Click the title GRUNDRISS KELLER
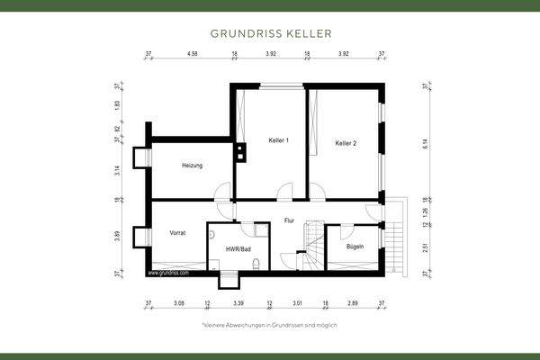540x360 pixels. [270, 34]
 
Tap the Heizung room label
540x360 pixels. [192, 166]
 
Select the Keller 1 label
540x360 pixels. [278, 141]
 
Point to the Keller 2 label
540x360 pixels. [346, 143]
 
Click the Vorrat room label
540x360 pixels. [177, 233]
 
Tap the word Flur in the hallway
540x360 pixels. [289, 220]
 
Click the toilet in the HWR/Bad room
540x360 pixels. [257, 264]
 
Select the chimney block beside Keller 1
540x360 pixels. [240, 151]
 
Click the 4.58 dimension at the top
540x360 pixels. [192, 55]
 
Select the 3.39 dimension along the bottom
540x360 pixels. [238, 305]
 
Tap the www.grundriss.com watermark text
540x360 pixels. [168, 271]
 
